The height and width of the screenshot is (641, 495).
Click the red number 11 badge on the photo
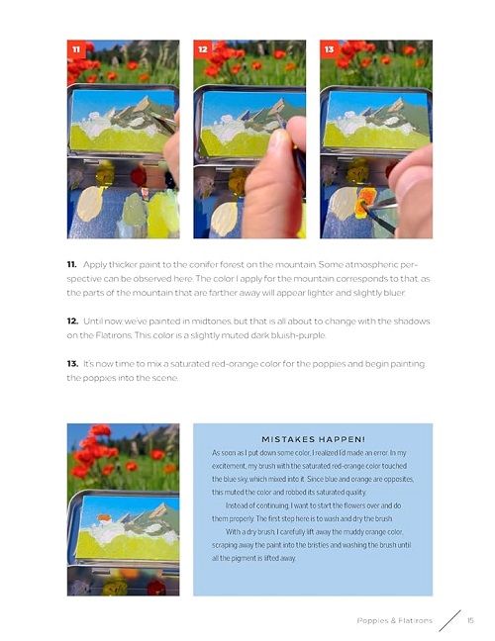(x=76, y=49)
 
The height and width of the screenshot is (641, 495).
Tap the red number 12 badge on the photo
(x=203, y=49)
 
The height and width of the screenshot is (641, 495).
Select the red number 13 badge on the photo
(x=330, y=49)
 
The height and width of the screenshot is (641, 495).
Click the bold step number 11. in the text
(x=71, y=264)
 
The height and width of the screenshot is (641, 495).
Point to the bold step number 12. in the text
(x=72, y=321)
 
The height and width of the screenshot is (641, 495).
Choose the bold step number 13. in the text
(x=72, y=364)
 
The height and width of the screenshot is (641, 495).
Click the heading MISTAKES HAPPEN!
(x=313, y=439)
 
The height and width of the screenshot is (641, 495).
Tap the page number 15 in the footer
(x=470, y=620)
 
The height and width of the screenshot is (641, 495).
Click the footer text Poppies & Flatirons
(x=394, y=620)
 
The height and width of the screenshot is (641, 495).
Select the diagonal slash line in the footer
(x=449, y=620)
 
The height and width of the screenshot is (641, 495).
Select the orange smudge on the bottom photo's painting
(x=105, y=518)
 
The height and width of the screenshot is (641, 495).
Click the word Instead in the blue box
(x=237, y=505)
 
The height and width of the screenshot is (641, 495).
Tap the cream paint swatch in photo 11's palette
(x=89, y=204)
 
